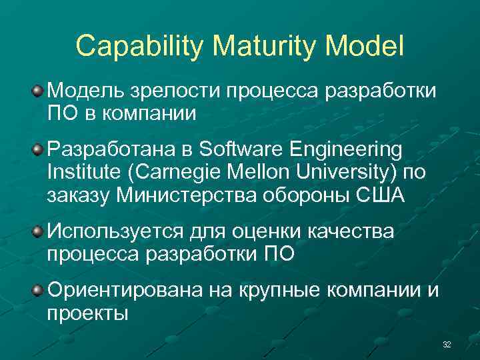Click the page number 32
point(447,344)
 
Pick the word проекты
point(87,313)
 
